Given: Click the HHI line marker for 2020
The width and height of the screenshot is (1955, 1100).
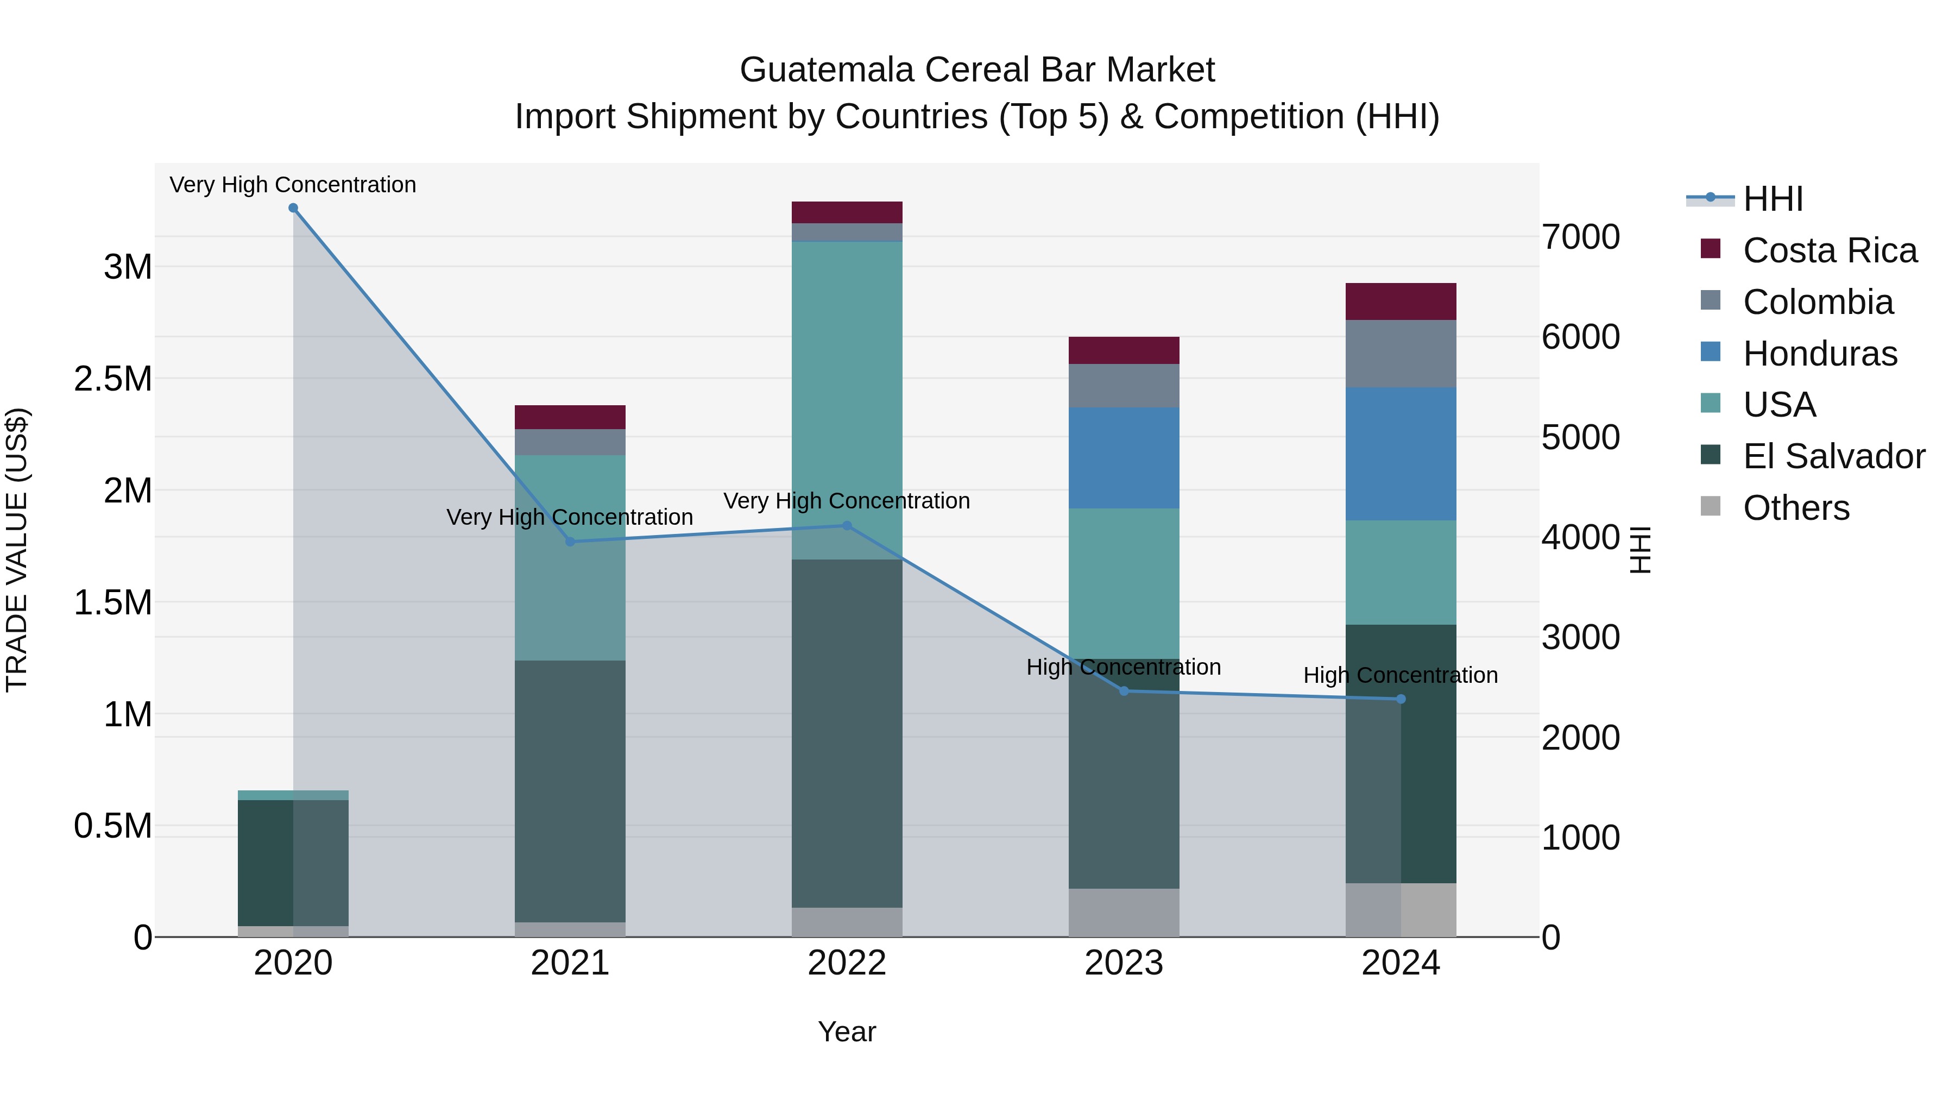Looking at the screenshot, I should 293,208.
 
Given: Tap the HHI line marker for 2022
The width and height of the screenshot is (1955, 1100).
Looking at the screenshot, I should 847,525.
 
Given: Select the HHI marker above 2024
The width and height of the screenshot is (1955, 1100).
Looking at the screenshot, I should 1401,699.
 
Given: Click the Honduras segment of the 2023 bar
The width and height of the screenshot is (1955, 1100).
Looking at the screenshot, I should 1124,458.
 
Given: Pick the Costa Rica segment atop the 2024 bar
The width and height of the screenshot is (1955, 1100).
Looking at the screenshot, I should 1401,301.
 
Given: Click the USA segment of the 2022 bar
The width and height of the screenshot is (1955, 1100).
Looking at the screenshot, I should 847,380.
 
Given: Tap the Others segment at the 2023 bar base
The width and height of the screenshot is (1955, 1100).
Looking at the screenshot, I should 1124,913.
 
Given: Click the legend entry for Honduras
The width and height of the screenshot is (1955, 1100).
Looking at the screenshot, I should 1819,354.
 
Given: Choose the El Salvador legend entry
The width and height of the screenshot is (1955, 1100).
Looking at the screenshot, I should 1833,456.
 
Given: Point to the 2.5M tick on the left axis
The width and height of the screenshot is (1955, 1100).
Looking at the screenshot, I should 113,379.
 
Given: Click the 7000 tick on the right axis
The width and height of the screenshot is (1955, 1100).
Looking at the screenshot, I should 1580,237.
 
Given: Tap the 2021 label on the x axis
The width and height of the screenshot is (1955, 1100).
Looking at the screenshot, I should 570,963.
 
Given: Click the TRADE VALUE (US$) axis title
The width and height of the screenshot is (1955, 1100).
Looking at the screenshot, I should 17,550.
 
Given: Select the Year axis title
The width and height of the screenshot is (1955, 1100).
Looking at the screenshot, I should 847,1032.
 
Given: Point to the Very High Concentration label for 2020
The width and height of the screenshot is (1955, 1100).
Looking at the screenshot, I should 293,185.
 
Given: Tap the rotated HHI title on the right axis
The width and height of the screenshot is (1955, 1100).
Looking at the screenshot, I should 1641,550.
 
